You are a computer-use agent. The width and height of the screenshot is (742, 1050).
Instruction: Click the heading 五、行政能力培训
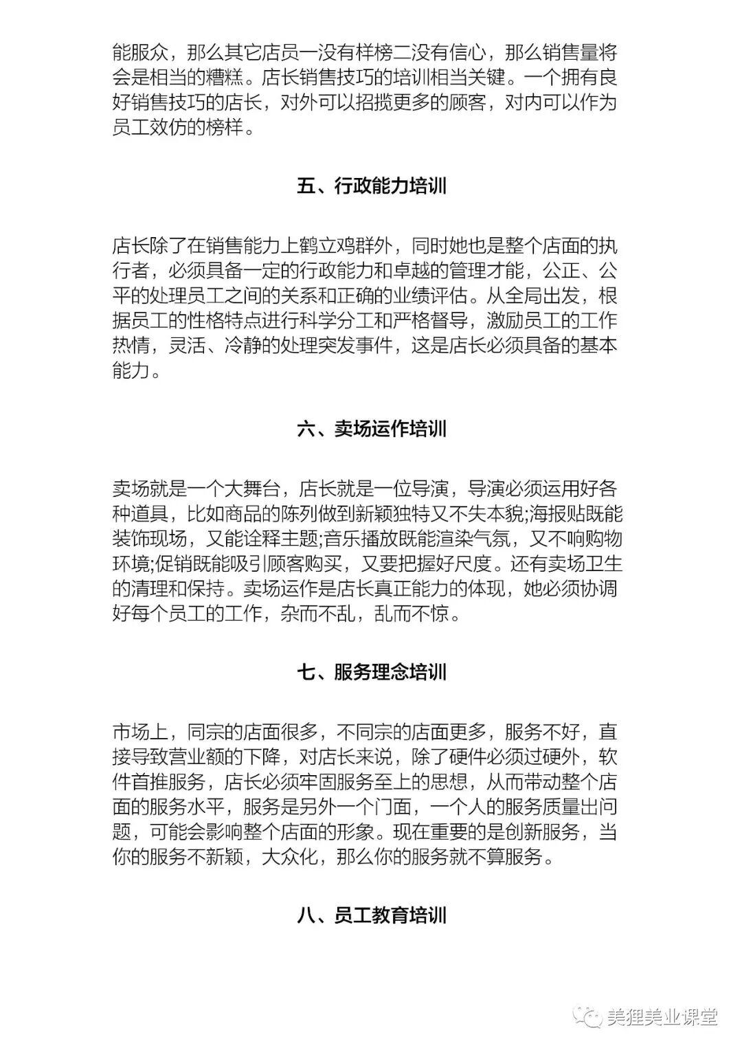(372, 186)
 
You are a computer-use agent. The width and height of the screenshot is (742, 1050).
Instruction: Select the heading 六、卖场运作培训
(372, 429)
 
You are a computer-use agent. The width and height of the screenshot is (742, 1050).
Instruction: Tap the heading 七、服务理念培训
(372, 672)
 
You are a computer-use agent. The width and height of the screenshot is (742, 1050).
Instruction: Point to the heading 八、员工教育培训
(372, 915)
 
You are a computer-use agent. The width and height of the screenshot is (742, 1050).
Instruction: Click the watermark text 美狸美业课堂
(662, 1017)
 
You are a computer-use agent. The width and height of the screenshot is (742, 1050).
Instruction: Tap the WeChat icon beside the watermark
(589, 1017)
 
